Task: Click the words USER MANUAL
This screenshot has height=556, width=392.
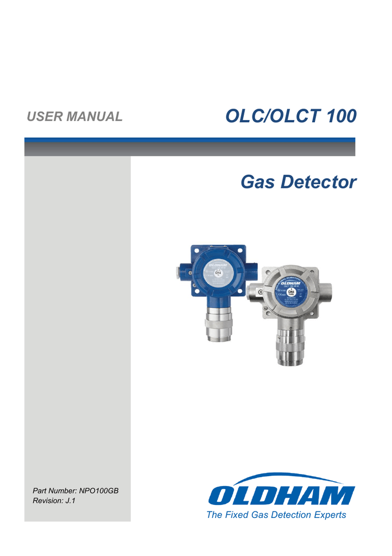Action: point(75,116)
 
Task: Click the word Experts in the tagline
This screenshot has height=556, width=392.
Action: point(328,515)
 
